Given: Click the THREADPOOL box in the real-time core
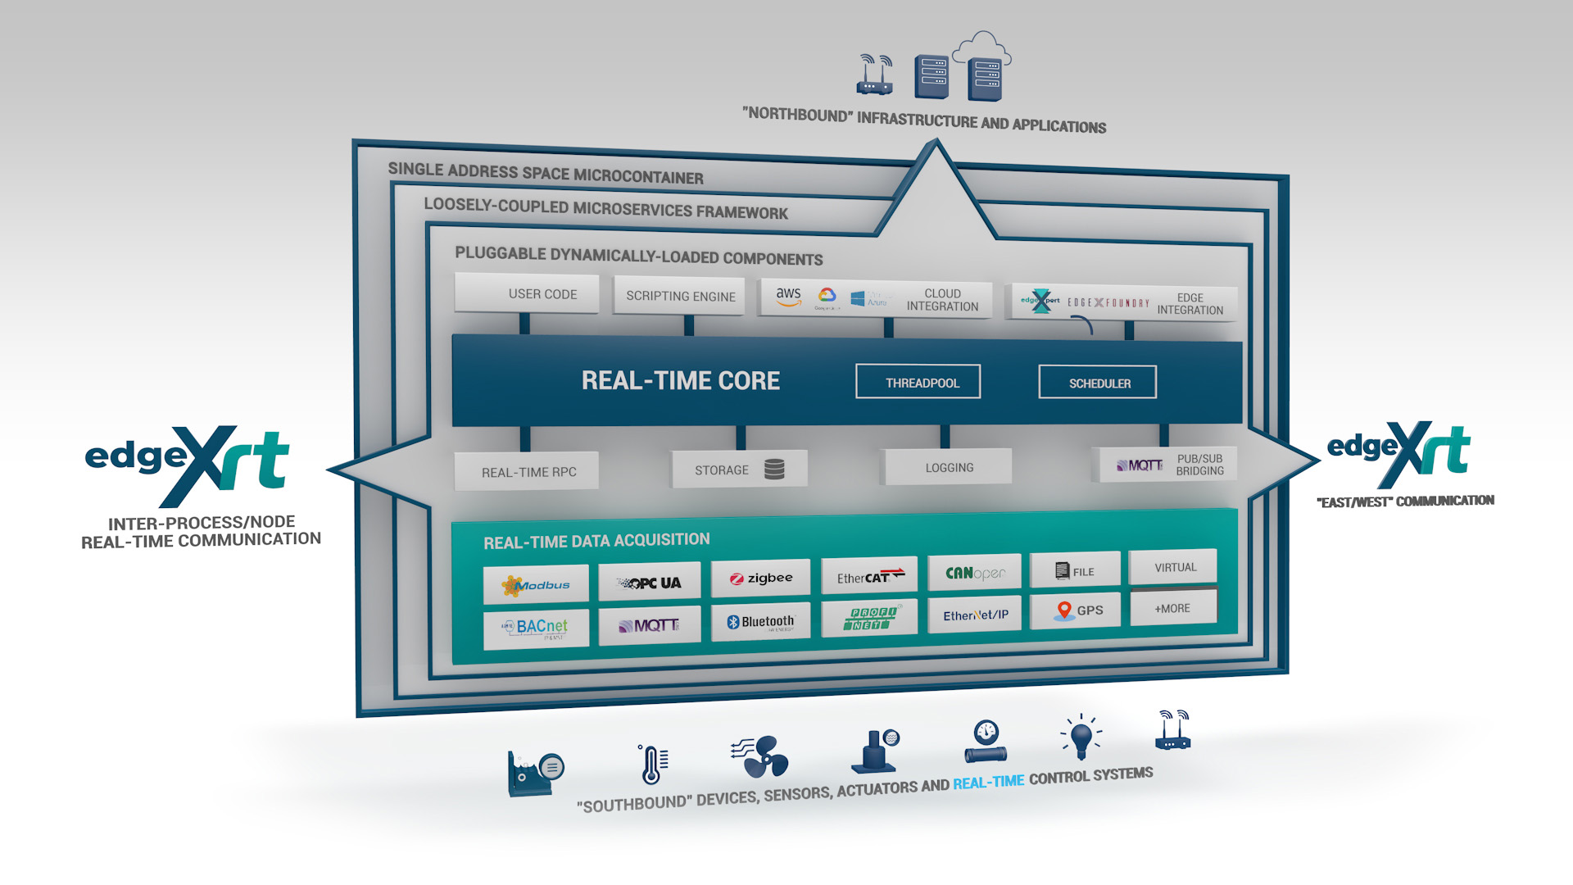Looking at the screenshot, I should (918, 382).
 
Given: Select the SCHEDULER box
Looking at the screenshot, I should (1097, 383).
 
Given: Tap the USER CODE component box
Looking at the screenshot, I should (527, 293).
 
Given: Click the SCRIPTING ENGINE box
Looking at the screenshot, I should (679, 296).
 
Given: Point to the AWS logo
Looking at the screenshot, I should (788, 297).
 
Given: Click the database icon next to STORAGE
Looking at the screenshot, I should (774, 469).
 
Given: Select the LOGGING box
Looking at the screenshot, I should (948, 467).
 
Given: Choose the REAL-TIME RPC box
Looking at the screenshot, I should (527, 472).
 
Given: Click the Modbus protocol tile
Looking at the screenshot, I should (536, 584).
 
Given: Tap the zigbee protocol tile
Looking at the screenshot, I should (760, 579).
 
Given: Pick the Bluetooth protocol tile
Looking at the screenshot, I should (760, 622).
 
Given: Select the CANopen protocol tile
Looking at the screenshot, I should (974, 573).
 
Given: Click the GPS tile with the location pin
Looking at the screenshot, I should (1075, 610).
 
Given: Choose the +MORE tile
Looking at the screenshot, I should (1172, 608).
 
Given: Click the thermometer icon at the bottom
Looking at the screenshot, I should (652, 764).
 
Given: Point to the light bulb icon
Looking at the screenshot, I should (1081, 736).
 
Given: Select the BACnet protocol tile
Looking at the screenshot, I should (536, 628).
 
